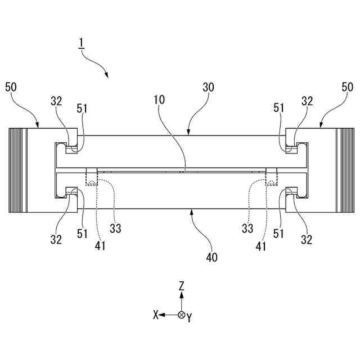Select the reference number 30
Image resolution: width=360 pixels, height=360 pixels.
point(209,88)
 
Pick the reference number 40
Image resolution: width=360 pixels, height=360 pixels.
point(212,257)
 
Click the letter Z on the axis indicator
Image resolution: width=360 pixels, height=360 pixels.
point(181,286)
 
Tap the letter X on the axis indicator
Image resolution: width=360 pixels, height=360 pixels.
point(156,315)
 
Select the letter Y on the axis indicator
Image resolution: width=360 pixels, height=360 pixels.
point(190,318)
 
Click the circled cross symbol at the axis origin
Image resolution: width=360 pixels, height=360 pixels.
point(181,315)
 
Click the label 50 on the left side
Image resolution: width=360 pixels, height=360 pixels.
point(12,87)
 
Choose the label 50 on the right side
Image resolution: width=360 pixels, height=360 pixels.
point(348,87)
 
